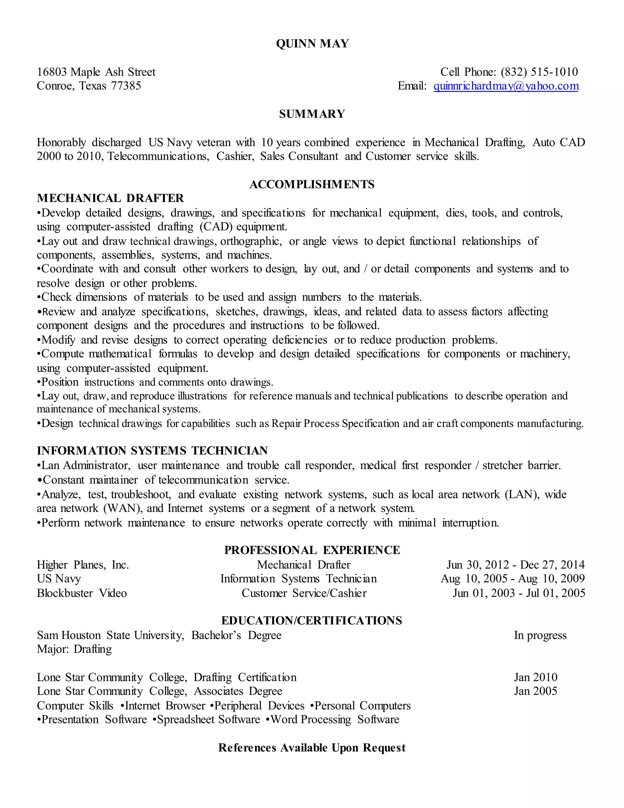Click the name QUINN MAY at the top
pyautogui.click(x=312, y=44)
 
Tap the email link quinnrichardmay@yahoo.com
pyautogui.click(x=506, y=86)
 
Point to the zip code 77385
pyautogui.click(x=126, y=86)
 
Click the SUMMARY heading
pyautogui.click(x=312, y=114)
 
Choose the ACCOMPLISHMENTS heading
pyautogui.click(x=312, y=184)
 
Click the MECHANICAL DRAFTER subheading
pyautogui.click(x=110, y=198)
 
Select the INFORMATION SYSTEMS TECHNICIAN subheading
pyautogui.click(x=152, y=451)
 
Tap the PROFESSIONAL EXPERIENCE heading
pyautogui.click(x=312, y=550)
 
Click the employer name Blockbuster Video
pyautogui.click(x=82, y=593)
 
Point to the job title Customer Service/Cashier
pyautogui.click(x=304, y=593)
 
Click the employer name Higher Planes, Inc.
pyautogui.click(x=83, y=565)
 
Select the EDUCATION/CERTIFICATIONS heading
pyautogui.click(x=312, y=620)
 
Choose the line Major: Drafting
pyautogui.click(x=74, y=649)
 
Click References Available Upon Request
pyautogui.click(x=312, y=748)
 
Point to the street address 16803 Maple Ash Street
pyautogui.click(x=96, y=72)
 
